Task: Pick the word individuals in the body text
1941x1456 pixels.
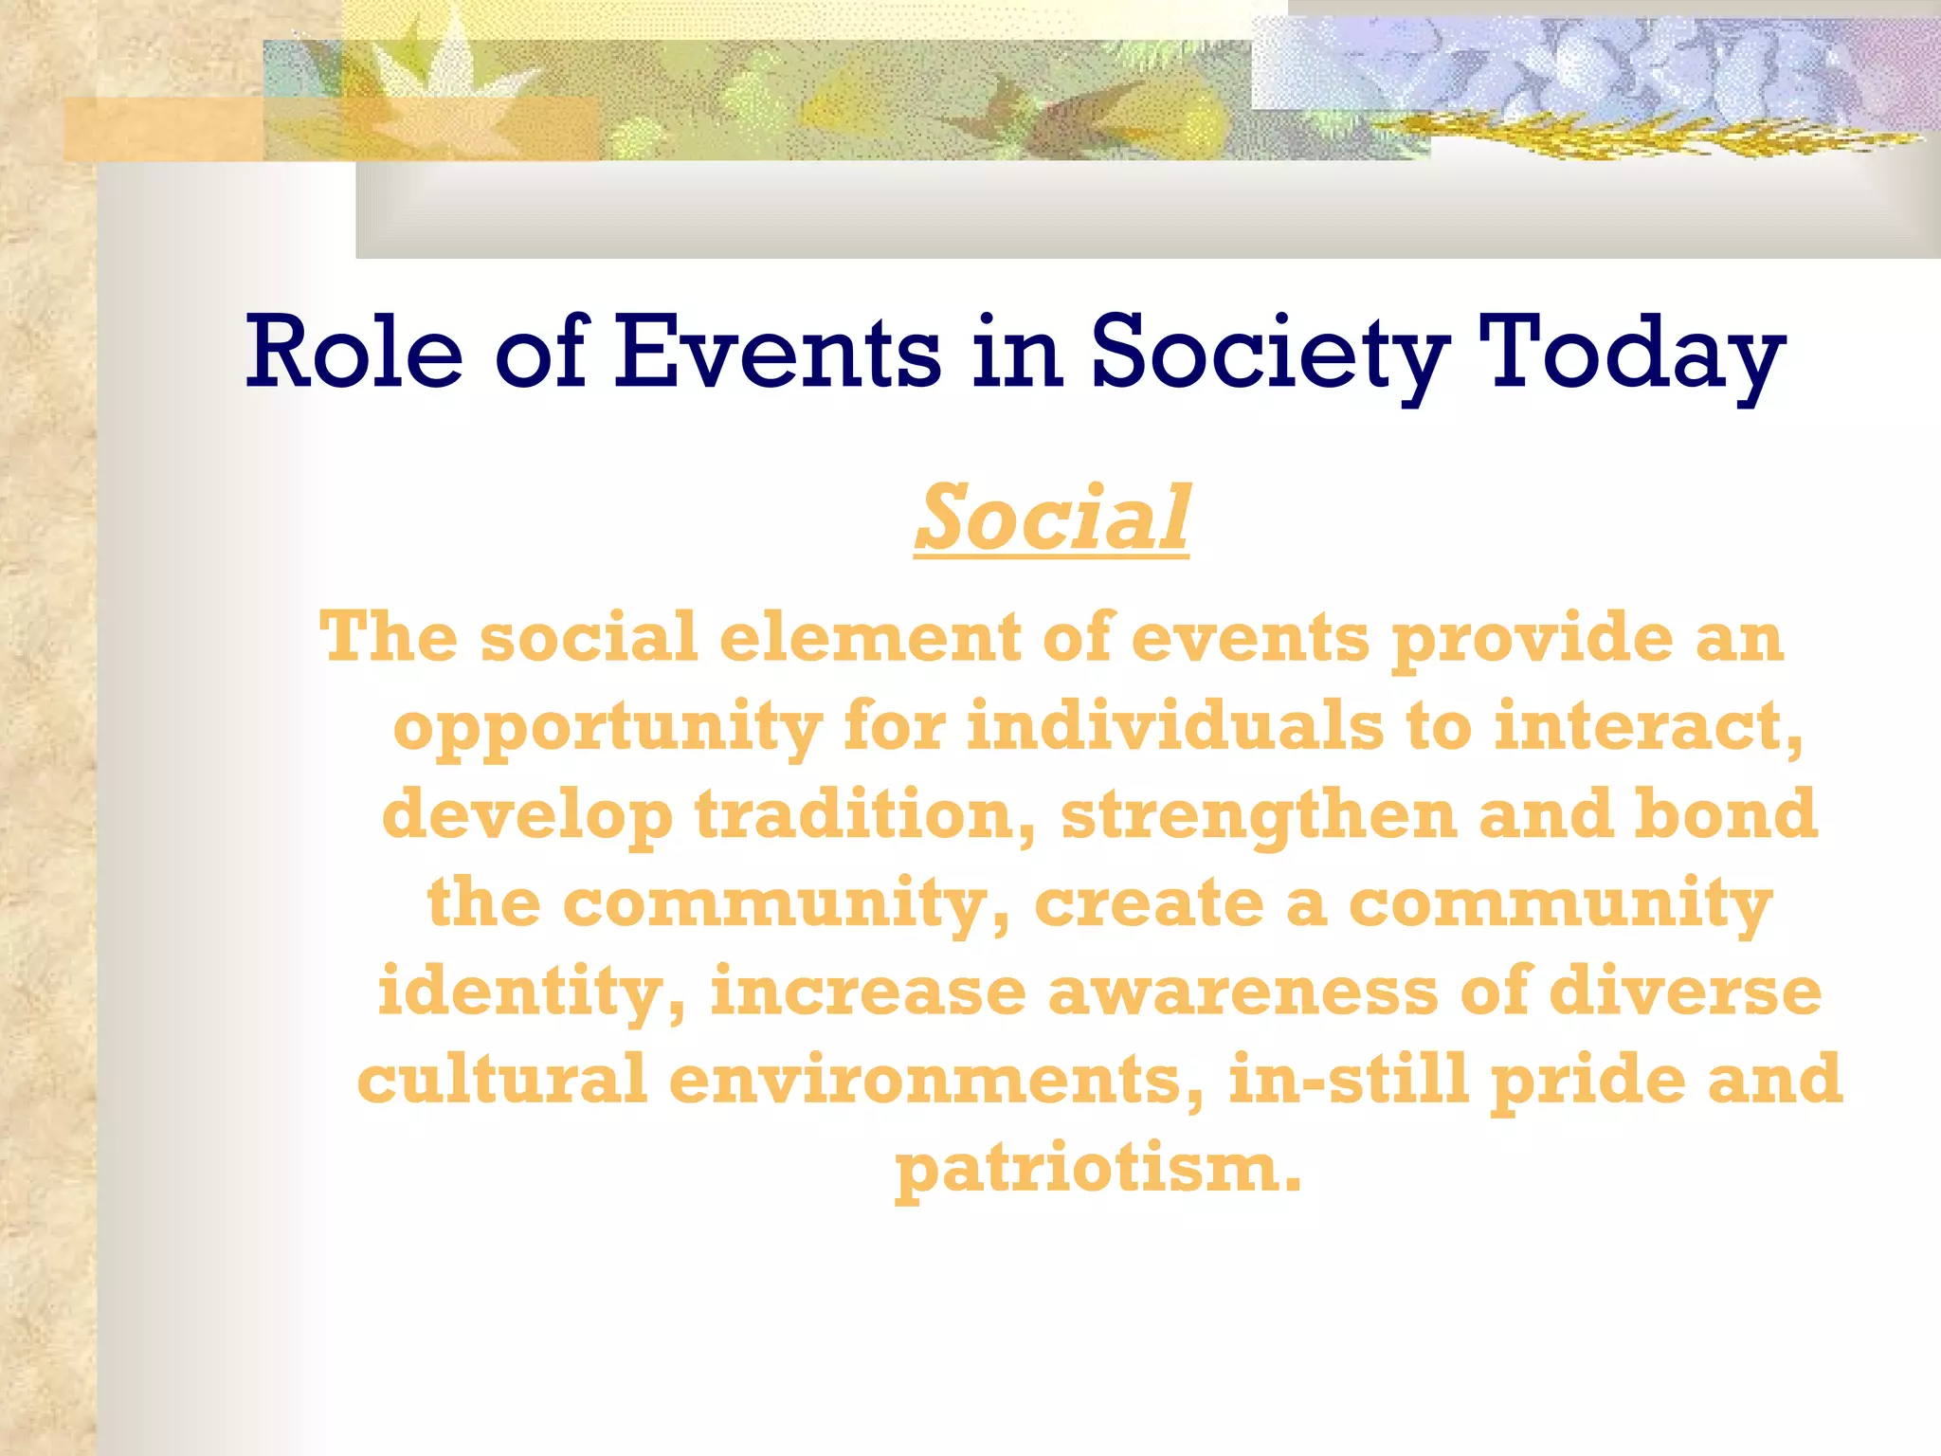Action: [x=1175, y=726]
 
